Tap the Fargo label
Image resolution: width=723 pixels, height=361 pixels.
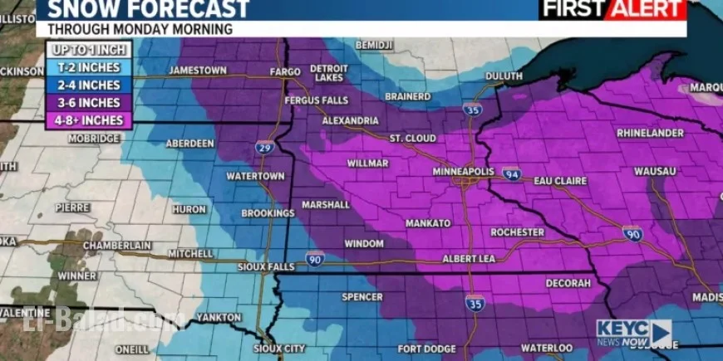coord(286,72)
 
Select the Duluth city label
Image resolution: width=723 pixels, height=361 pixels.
coord(503,76)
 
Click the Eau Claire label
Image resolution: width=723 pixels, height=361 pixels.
coord(560,180)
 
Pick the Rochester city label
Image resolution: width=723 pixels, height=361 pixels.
coord(517,232)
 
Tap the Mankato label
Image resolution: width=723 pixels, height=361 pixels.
coord(428,223)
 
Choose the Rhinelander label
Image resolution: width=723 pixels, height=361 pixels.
coord(651,133)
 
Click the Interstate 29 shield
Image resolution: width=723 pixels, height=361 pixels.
coord(263,148)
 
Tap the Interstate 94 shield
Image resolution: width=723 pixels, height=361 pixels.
coord(512,173)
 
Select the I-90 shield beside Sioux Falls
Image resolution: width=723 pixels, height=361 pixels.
coord(314,258)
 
